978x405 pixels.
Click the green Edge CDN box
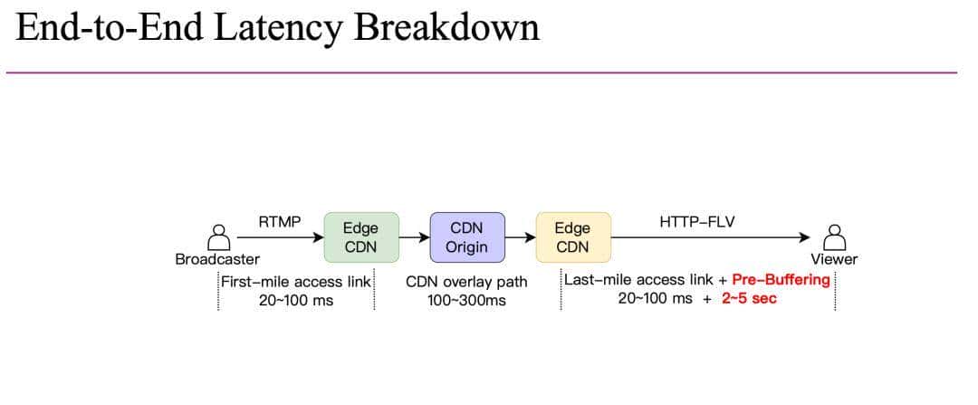pos(360,237)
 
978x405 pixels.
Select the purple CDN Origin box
pos(466,237)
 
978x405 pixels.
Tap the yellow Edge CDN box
pos(572,237)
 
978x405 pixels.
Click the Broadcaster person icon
pos(218,236)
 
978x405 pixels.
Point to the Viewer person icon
pos(834,236)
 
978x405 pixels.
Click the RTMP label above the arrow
pos(280,221)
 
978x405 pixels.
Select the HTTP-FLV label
pos(696,221)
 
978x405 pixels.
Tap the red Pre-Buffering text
pos(781,280)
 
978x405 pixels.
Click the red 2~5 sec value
pos(749,298)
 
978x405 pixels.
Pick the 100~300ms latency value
pos(466,300)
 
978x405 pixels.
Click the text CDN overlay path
pos(466,282)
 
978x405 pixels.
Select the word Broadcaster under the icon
pos(217,259)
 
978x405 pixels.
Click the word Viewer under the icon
pos(834,259)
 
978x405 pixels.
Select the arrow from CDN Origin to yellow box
pos(520,237)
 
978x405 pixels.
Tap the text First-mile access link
pos(296,282)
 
